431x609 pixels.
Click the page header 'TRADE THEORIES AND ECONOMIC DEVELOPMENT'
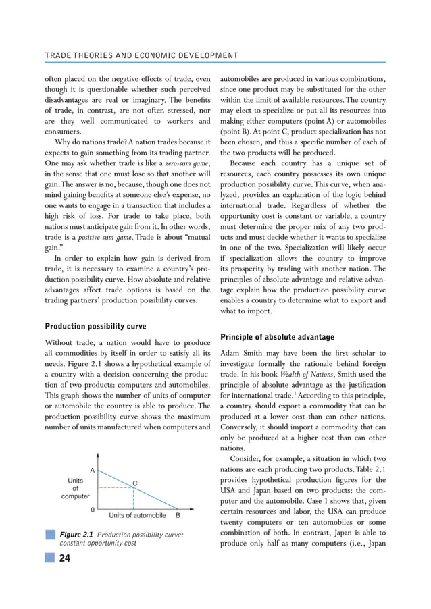(141, 55)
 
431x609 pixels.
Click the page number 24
(65, 558)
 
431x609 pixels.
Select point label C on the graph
(135, 482)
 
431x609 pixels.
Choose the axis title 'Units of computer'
(76, 489)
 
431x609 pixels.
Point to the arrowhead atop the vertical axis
(100, 455)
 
